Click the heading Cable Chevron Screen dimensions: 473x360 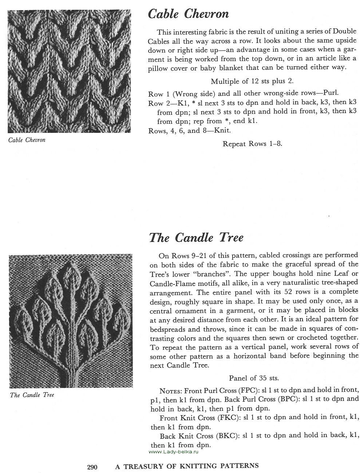tap(188, 14)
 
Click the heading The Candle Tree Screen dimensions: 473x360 tap(196, 238)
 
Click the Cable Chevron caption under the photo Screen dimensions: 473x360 tap(27, 140)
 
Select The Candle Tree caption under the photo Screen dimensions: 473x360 tap(32, 395)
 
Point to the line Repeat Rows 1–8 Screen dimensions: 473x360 tap(252, 143)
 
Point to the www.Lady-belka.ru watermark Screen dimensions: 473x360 tap(173, 452)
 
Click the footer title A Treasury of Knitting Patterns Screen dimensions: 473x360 tap(187, 466)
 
